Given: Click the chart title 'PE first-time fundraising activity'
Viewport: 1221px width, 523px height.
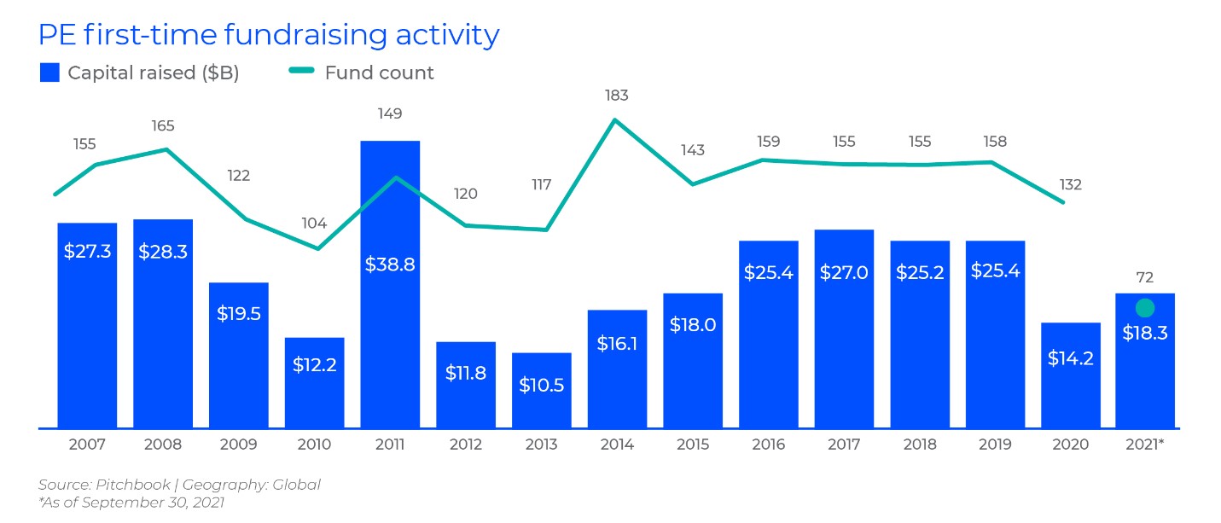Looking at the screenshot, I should (269, 34).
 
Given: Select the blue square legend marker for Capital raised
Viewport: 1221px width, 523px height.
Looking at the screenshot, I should (50, 73).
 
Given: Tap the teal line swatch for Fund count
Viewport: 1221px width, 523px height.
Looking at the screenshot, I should (303, 73).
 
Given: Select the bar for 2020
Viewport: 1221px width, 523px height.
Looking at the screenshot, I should (1070, 392).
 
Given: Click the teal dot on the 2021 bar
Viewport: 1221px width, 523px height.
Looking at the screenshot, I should (1145, 308).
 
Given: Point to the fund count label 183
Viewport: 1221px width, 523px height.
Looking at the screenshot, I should (616, 96).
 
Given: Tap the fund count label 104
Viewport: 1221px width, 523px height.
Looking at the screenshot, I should (314, 224).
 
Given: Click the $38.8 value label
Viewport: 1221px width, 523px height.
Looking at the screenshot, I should (390, 264).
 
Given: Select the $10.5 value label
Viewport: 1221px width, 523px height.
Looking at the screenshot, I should (542, 385).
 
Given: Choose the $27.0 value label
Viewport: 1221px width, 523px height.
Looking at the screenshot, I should (843, 272).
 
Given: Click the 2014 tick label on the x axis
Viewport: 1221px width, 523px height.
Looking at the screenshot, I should (617, 445).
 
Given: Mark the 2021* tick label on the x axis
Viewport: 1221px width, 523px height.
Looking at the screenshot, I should (1145, 445).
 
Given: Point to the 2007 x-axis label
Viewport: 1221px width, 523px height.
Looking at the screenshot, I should (87, 445).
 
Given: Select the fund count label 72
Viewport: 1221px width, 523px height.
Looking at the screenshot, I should (1145, 278).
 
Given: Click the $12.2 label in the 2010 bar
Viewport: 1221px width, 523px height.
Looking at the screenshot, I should (314, 364).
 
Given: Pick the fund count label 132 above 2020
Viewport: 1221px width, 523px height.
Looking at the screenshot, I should (1070, 184).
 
